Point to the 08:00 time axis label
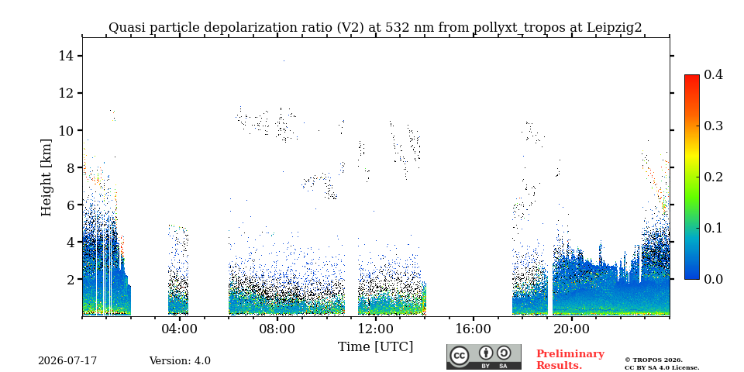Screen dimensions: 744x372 pyautogui.click(x=278, y=329)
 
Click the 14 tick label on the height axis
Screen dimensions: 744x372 pyautogui.click(x=65, y=56)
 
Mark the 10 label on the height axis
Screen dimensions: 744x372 pyautogui.click(x=65, y=130)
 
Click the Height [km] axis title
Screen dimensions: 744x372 pyautogui.click(x=46, y=177)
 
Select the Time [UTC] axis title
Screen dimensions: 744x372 pyautogui.click(x=375, y=347)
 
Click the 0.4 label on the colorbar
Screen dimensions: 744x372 pyautogui.click(x=713, y=74)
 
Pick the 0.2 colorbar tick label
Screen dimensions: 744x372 pyautogui.click(x=713, y=177)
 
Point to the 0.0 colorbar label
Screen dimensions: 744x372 pyautogui.click(x=713, y=279)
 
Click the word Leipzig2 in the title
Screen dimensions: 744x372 pyautogui.click(x=614, y=28)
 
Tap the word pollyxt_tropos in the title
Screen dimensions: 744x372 pyautogui.click(x=519, y=28)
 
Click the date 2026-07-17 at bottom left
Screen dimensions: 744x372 pyautogui.click(x=67, y=361)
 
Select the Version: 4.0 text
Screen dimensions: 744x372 pyautogui.click(x=180, y=361)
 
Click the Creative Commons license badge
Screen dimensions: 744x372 pyautogui.click(x=484, y=356)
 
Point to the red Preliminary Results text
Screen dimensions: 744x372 pyautogui.click(x=570, y=360)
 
